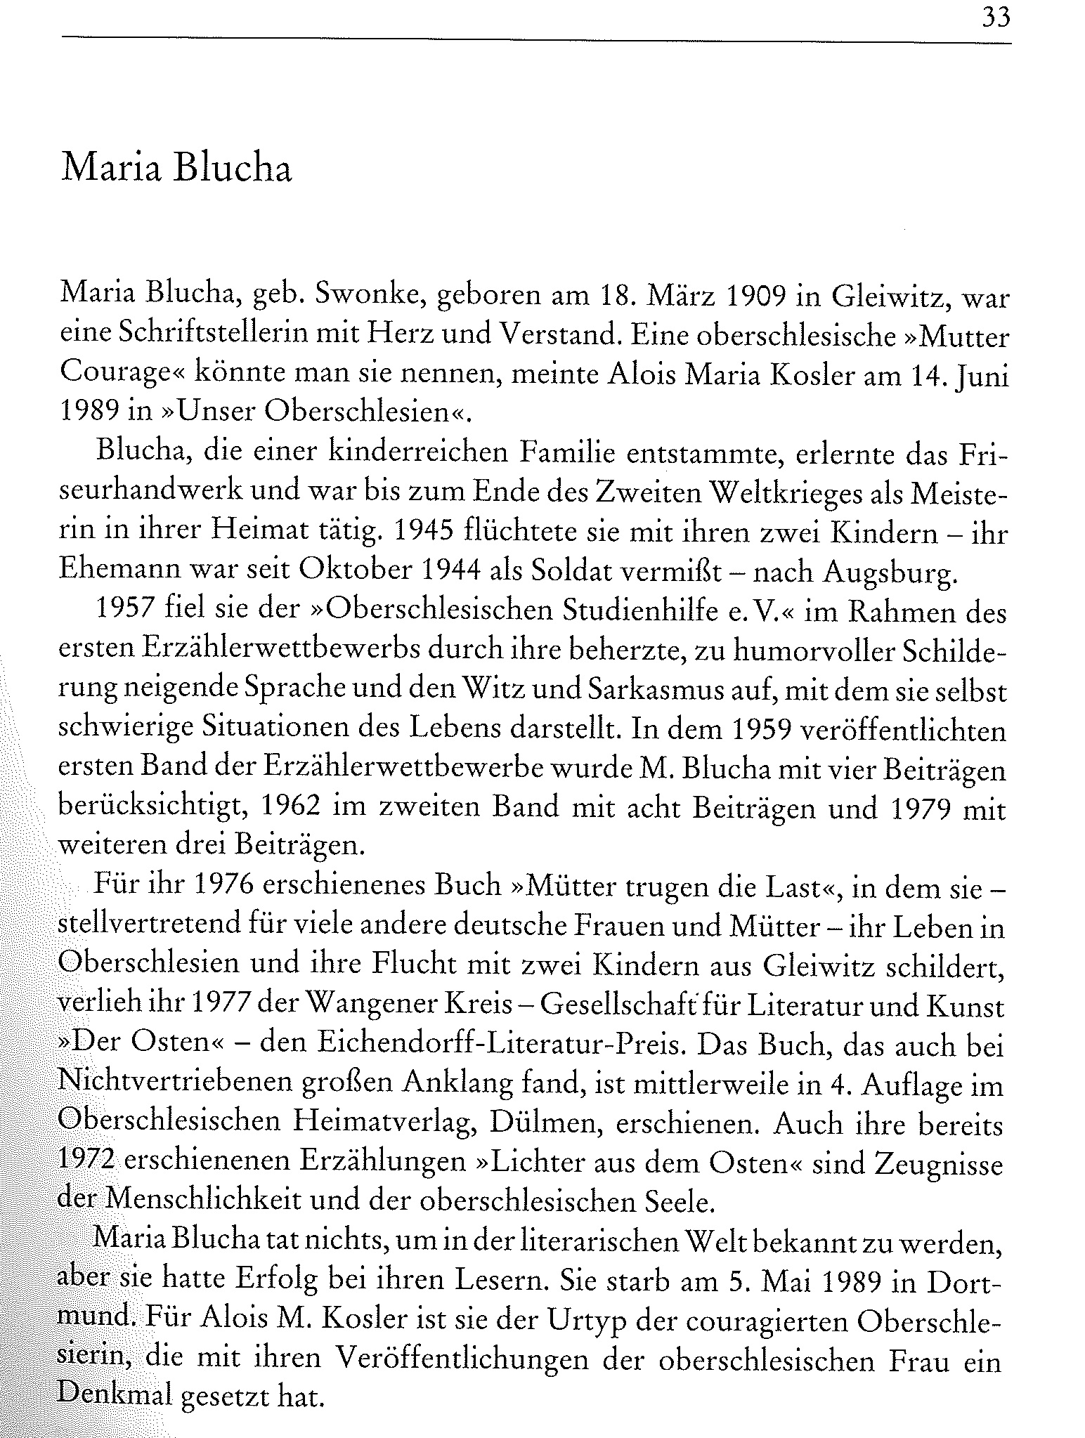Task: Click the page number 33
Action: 996,16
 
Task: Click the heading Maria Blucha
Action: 176,169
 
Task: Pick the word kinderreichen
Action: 419,454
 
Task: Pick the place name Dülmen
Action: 538,1124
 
